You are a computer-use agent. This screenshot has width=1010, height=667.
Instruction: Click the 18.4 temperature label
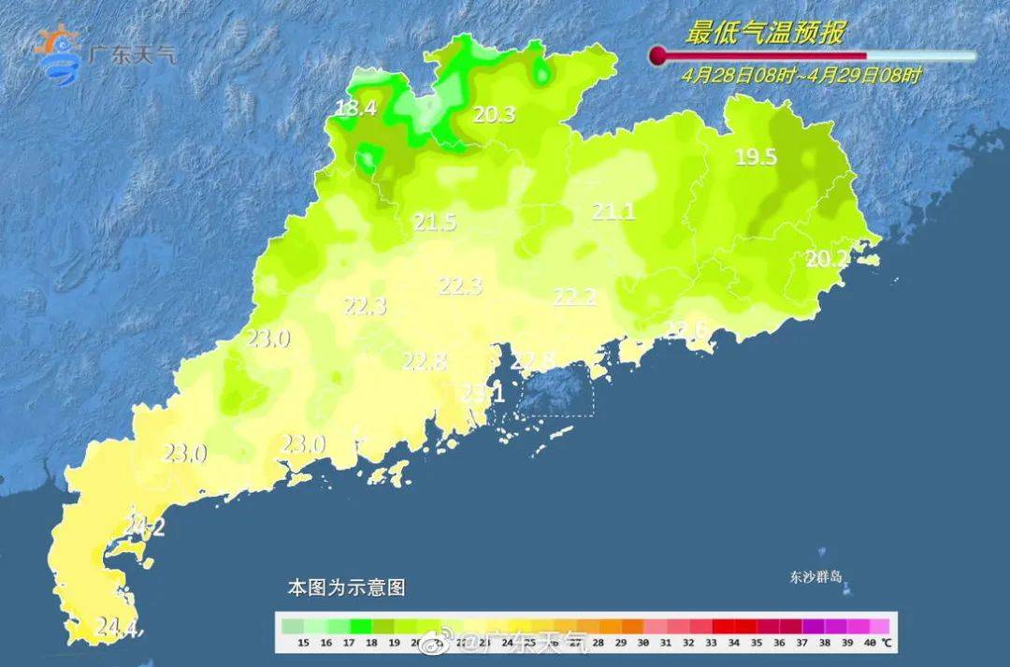[x=355, y=109]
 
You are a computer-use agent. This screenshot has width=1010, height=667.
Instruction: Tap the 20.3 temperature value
[x=494, y=115]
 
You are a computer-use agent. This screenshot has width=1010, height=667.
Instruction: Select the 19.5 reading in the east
[x=756, y=157]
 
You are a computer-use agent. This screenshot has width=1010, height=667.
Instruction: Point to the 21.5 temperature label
[x=435, y=223]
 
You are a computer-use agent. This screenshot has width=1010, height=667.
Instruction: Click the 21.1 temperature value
[x=613, y=212]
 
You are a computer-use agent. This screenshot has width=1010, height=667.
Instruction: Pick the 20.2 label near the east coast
[x=828, y=259]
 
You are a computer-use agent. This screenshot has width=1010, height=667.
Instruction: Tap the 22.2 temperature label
[x=575, y=297]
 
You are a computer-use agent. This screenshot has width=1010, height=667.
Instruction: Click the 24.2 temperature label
[x=145, y=528]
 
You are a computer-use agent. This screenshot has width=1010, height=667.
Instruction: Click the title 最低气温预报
[x=765, y=35]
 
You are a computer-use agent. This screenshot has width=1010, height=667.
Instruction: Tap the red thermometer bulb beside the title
[x=659, y=56]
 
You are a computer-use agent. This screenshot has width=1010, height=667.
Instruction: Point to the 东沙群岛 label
[x=815, y=577]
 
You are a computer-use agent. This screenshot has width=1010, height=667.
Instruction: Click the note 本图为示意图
[x=346, y=588]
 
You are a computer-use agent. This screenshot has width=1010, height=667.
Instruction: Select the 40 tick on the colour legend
[x=871, y=644]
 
